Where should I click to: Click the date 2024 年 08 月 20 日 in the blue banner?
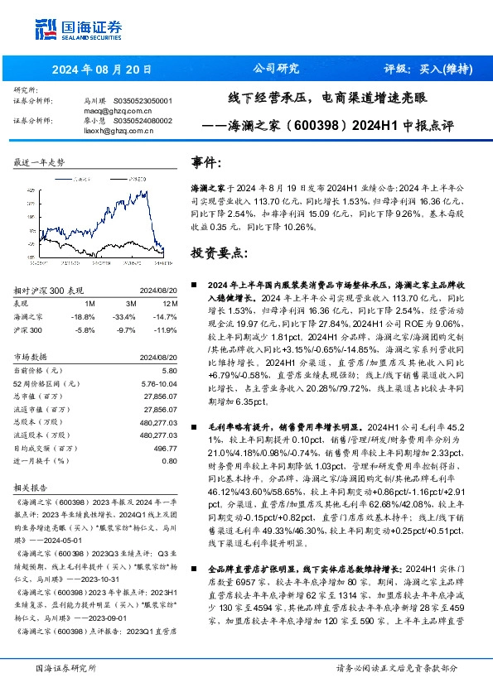pyautogui.click(x=91, y=69)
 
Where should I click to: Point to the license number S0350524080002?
pyautogui.click(x=142, y=120)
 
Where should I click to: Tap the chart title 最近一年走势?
pyautogui.click(x=39, y=163)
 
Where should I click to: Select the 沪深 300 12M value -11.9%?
pyautogui.click(x=166, y=329)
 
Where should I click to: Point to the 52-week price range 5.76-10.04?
pyautogui.click(x=156, y=385)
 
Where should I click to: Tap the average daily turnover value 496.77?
pyautogui.click(x=165, y=448)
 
